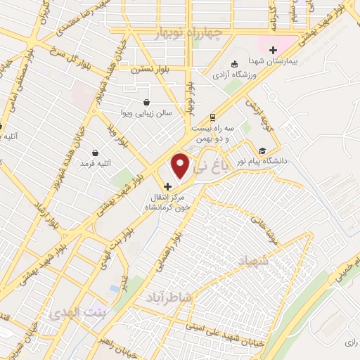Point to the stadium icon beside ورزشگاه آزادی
pyautogui.click(x=235, y=63)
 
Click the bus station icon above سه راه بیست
pyautogui.click(x=212, y=117)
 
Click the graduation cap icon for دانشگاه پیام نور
pyautogui.click(x=262, y=150)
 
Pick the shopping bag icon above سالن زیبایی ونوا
pyautogui.click(x=146, y=101)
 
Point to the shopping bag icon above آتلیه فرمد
pyautogui.click(x=96, y=153)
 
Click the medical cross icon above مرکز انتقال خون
pyautogui.click(x=167, y=186)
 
